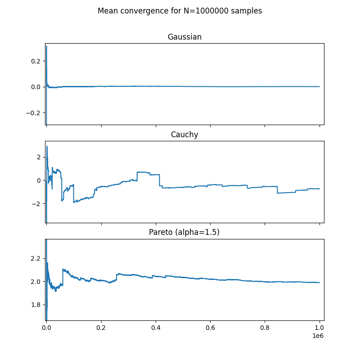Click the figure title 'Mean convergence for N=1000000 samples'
(180, 11)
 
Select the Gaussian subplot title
(184, 37)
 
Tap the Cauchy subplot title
(184, 135)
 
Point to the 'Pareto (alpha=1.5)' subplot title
(184, 232)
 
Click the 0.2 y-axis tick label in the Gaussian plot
(36, 61)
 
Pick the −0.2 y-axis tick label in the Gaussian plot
(33, 113)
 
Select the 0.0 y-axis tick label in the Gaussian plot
(36, 87)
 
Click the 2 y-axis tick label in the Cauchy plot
(39, 157)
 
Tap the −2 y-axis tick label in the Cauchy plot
(36, 204)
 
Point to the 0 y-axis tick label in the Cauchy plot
(39, 181)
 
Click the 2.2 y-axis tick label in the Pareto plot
(36, 258)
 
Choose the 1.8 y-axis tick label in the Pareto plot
(36, 305)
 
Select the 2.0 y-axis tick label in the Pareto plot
(36, 282)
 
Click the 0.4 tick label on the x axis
(156, 328)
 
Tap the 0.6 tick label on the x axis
(210, 328)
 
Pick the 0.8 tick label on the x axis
(265, 328)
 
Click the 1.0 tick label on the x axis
(319, 328)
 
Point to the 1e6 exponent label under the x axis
(318, 336)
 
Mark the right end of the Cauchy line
(319, 189)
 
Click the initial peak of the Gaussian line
(46, 46)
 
